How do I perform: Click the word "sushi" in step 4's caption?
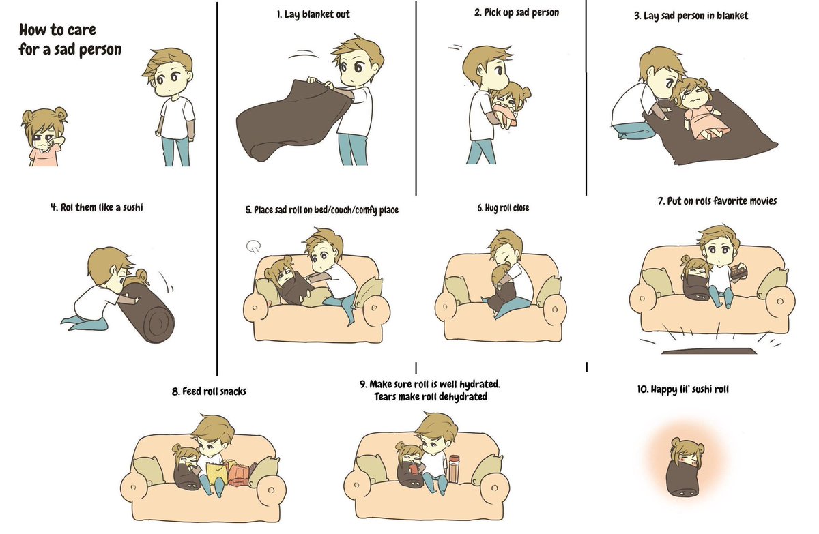(132, 208)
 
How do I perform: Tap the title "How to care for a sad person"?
(70, 40)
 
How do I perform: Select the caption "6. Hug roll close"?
(503, 208)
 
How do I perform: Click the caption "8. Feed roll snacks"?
(209, 391)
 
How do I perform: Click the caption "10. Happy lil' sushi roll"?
(683, 389)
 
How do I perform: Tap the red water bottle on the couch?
(454, 469)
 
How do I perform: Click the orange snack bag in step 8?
(238, 475)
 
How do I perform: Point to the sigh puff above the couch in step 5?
(253, 247)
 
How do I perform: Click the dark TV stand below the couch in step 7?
(709, 351)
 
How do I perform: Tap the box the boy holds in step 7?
(738, 271)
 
